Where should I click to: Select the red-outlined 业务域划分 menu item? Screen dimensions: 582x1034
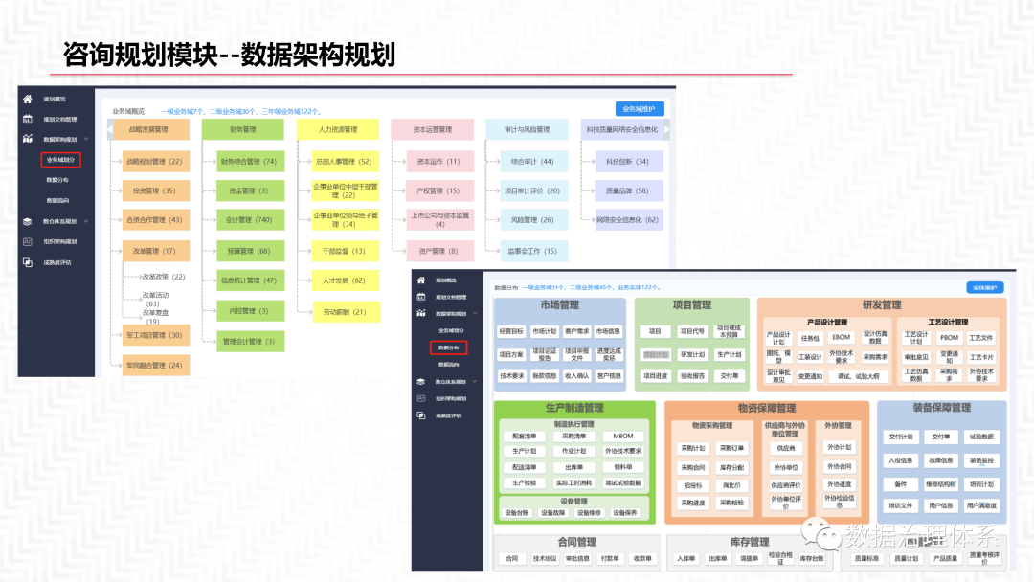[x=60, y=160]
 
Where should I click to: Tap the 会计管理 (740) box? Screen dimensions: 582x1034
[x=242, y=220]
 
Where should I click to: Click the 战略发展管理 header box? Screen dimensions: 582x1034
[x=148, y=129]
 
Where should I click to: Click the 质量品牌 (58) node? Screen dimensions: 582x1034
[x=627, y=191]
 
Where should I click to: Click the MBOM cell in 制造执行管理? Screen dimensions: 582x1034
[x=623, y=436]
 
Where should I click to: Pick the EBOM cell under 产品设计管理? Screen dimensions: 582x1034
[x=841, y=337]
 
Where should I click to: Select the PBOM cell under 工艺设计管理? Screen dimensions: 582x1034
[x=948, y=337]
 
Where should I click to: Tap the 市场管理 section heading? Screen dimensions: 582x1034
[x=560, y=305]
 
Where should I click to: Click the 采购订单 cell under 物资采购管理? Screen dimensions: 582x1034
[x=731, y=448]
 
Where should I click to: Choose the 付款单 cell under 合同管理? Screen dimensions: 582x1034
[x=609, y=559]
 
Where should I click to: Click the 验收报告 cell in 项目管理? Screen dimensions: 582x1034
[x=692, y=376]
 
